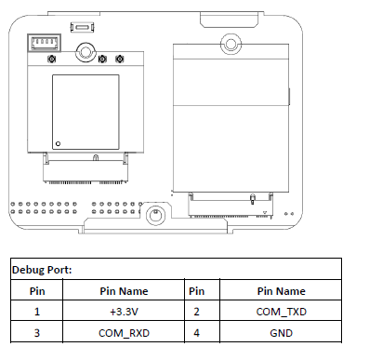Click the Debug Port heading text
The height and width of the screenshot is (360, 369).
point(42,270)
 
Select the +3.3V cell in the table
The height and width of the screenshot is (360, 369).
point(124,312)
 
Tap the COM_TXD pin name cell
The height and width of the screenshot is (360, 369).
point(281,312)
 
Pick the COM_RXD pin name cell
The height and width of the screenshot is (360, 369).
point(124,333)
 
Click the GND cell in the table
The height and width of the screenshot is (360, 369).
point(281,333)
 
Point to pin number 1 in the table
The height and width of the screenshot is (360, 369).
point(37,312)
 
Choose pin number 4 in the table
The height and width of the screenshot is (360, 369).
point(196,333)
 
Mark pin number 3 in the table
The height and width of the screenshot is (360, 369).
point(37,333)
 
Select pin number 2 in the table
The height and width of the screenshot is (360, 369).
point(196,312)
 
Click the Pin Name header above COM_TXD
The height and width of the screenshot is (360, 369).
point(281,291)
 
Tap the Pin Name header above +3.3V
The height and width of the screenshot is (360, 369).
point(124,291)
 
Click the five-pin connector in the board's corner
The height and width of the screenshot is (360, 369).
point(44,42)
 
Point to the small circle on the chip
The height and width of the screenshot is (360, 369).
point(58,143)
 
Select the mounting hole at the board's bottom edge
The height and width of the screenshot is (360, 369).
point(155,214)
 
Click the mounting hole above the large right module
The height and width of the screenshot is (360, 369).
point(231,44)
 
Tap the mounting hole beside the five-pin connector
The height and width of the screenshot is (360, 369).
point(86,52)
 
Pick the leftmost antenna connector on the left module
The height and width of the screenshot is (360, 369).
point(51,59)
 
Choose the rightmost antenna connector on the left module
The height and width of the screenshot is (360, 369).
point(120,59)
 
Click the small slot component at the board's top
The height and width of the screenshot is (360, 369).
point(82,27)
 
